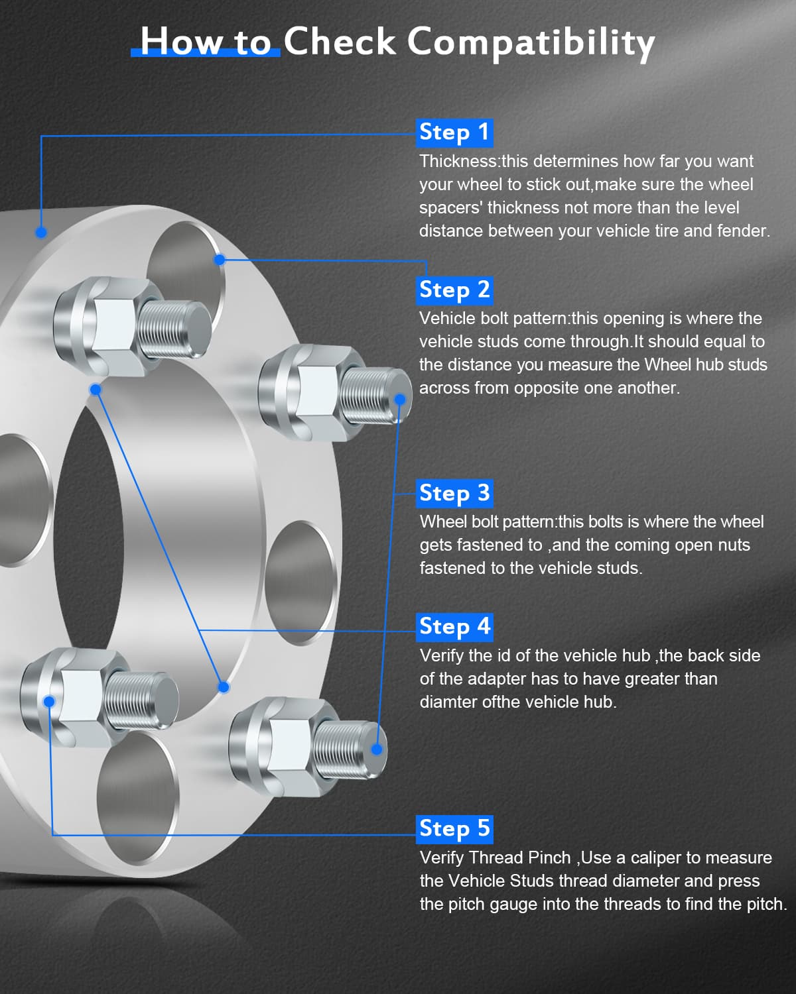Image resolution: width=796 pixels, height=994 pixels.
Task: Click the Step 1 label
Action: [454, 133]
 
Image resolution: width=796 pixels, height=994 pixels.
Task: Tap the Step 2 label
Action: [454, 290]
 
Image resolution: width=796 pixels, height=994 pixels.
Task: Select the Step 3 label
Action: [454, 494]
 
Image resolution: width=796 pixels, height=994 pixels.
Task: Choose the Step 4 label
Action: [454, 628]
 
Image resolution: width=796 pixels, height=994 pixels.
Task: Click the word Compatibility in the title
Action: [531, 43]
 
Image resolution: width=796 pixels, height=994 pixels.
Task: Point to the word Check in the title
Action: [340, 42]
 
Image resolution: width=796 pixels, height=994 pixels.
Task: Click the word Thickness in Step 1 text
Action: [458, 161]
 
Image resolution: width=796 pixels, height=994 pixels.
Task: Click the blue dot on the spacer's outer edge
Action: [41, 233]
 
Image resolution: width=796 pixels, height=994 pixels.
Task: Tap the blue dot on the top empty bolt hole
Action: [220, 260]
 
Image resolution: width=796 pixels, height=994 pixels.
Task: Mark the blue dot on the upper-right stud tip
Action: [400, 399]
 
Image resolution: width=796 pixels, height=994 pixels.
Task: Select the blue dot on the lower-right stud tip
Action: [377, 749]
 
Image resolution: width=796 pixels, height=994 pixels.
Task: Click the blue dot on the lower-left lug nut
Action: [49, 702]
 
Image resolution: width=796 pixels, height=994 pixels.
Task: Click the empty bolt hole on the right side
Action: [300, 583]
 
